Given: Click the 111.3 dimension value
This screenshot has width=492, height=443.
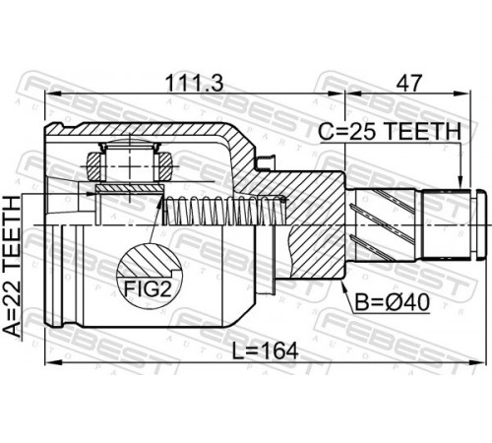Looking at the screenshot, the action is tap(194, 83).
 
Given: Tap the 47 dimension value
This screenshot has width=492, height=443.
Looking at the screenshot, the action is tap(407, 83).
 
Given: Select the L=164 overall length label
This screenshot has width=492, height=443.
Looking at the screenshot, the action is tap(266, 350).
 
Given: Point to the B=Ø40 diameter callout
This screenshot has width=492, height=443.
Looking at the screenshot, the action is tap(393, 302).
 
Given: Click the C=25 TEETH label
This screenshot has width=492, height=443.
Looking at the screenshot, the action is tap(390, 131).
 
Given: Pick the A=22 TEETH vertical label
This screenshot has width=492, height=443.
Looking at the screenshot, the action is tap(13, 266).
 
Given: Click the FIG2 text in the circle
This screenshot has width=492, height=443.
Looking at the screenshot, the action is tap(148, 289).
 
